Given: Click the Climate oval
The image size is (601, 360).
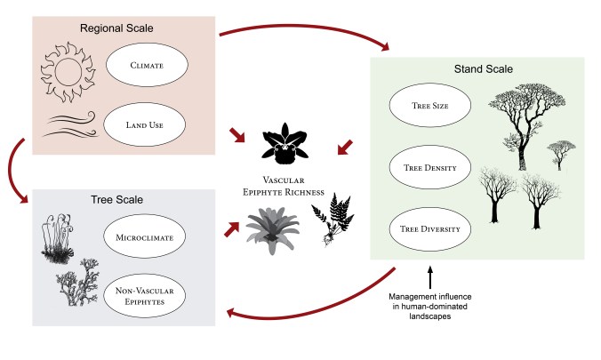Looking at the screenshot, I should click(x=148, y=65).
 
